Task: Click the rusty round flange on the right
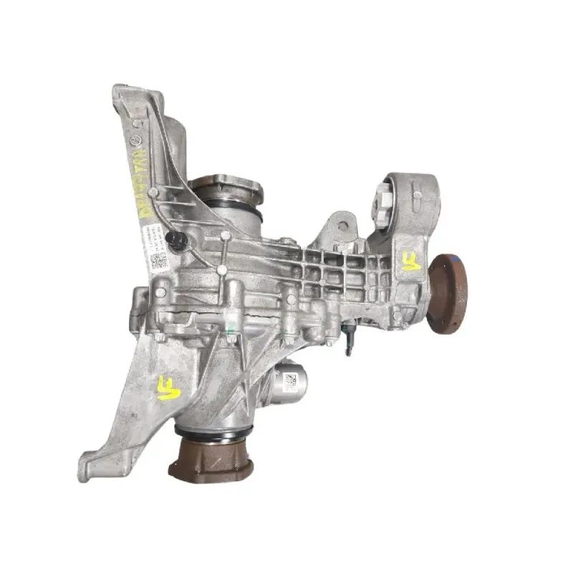point(448,294)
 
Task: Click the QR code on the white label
point(158,260)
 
